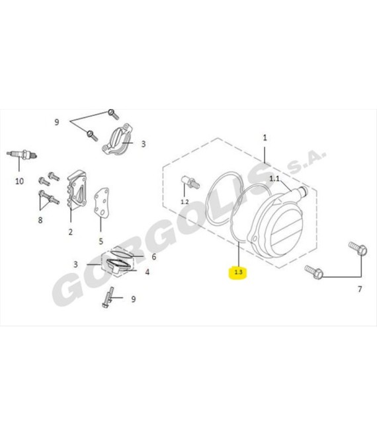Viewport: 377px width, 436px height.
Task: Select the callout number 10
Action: point(19,180)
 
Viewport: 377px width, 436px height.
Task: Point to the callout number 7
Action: point(360,289)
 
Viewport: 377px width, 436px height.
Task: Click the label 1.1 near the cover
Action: point(275,179)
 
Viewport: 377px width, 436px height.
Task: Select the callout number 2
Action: point(70,232)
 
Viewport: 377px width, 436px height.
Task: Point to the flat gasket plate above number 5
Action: point(102,207)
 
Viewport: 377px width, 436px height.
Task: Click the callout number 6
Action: point(153,257)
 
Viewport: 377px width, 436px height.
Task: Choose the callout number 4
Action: point(147,272)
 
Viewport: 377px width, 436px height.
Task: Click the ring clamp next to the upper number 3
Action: point(117,141)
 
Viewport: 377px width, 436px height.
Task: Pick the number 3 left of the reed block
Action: point(76,264)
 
